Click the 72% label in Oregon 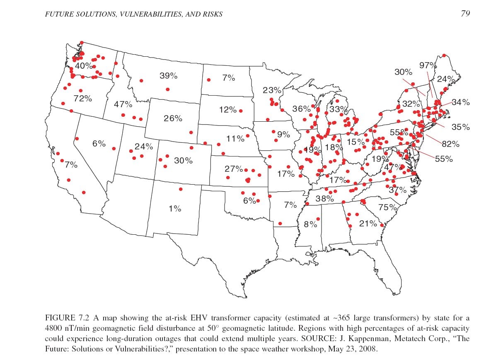click(x=82, y=99)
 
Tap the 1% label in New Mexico click(x=175, y=209)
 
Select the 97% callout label click(x=428, y=65)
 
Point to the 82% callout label click(x=450, y=144)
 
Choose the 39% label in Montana click(x=168, y=76)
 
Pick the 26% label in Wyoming click(x=173, y=118)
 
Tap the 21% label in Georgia click(x=368, y=224)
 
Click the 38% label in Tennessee click(x=324, y=198)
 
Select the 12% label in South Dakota click(x=228, y=110)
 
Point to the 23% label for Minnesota click(x=272, y=90)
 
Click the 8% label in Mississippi click(x=310, y=224)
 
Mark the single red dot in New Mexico click(x=181, y=189)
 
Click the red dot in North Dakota click(x=209, y=80)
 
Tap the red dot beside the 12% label click(x=241, y=111)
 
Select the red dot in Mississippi click(x=318, y=219)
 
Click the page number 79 click(x=465, y=14)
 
